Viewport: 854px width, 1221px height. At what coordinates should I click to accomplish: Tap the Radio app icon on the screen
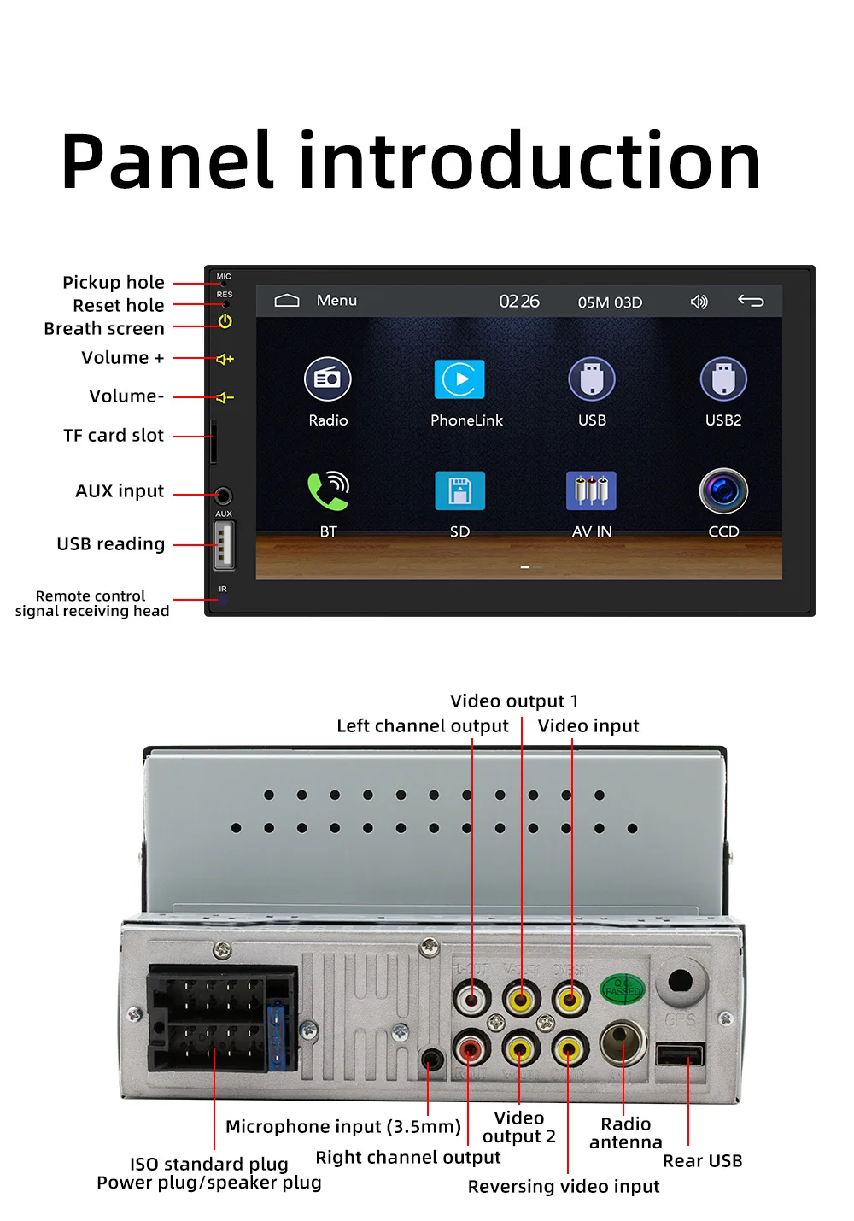click(328, 379)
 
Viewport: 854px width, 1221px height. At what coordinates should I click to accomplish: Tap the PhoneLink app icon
click(459, 379)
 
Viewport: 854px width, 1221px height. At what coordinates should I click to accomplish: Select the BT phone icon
click(328, 490)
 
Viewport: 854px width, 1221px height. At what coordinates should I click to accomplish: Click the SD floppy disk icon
click(459, 490)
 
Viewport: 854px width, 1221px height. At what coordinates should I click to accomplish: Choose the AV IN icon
click(591, 490)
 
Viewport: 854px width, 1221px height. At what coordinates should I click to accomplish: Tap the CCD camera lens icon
click(723, 490)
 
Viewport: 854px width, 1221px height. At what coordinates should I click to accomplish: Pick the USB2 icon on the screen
click(723, 379)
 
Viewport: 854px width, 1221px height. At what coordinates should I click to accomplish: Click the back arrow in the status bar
click(751, 301)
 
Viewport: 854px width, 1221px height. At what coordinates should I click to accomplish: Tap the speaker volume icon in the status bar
click(699, 302)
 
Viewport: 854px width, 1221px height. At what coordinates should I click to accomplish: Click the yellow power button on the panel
click(225, 321)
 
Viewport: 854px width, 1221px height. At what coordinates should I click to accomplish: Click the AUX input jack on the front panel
click(223, 496)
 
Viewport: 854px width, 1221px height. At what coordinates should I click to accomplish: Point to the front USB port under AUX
click(223, 544)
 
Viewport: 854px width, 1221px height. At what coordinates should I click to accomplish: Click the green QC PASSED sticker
click(623, 989)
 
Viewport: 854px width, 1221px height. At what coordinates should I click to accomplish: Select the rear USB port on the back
click(680, 1054)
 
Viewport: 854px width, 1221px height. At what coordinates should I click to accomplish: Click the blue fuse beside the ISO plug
click(277, 1036)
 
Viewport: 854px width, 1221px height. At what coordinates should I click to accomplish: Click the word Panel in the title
click(167, 161)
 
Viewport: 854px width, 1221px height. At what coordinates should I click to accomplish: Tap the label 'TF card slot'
click(114, 436)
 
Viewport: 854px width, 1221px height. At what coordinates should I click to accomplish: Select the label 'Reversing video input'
click(564, 1187)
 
